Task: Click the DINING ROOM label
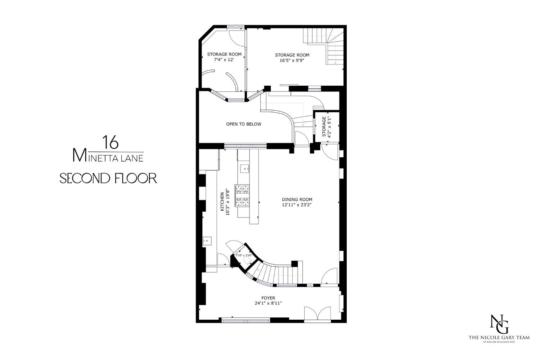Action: pyautogui.click(x=297, y=199)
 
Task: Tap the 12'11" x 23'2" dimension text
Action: pyautogui.click(x=297, y=205)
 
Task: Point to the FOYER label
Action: pyautogui.click(x=268, y=298)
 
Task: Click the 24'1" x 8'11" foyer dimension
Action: pyautogui.click(x=268, y=303)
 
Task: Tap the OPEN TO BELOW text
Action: pyautogui.click(x=244, y=124)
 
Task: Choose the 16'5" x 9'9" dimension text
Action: pyautogui.click(x=292, y=60)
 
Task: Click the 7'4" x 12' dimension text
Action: pyautogui.click(x=224, y=60)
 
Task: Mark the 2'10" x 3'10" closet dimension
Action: pyautogui.click(x=243, y=256)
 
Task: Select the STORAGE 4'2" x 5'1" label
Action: pyautogui.click(x=326, y=126)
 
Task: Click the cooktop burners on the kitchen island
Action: pyautogui.click(x=242, y=195)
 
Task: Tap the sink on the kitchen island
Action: pyautogui.click(x=245, y=168)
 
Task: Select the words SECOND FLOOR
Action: pyautogui.click(x=108, y=178)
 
